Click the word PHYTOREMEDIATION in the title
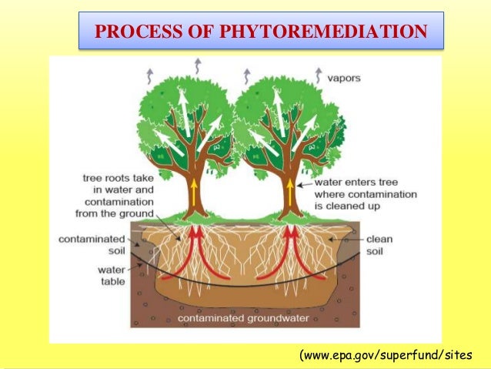click(323, 32)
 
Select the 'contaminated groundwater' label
click(243, 317)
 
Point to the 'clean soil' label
click(379, 245)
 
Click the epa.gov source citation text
click(383, 355)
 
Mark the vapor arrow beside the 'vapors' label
click(317, 75)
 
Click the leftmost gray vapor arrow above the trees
click(149, 75)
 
